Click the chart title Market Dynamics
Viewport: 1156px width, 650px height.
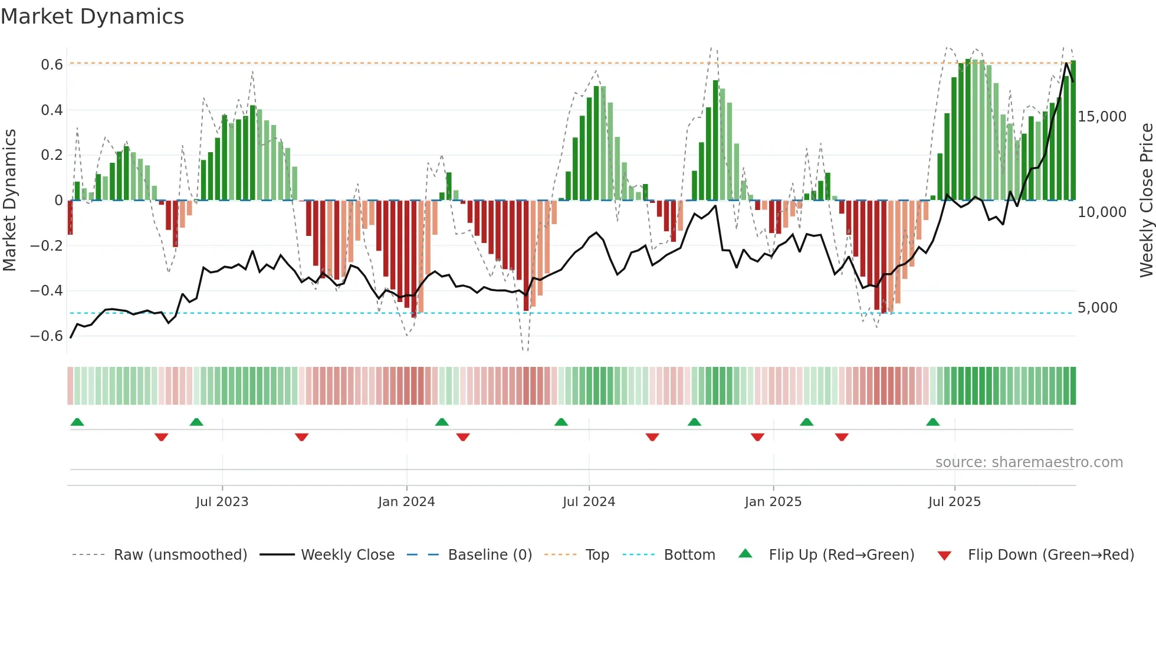point(92,17)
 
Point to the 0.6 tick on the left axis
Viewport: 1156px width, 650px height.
point(51,64)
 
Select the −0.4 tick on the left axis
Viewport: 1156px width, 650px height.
point(46,291)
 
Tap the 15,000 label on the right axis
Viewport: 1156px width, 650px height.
point(1102,117)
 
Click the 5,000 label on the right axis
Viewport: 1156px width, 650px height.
point(1097,308)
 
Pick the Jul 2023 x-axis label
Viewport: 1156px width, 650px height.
point(222,502)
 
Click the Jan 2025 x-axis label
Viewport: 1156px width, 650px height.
point(773,502)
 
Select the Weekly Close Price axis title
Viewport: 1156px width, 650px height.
point(1146,200)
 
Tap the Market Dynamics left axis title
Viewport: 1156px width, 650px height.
point(9,200)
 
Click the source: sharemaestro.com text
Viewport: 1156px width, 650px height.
point(1029,462)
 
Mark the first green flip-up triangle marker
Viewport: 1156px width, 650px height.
point(77,422)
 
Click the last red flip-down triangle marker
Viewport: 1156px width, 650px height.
point(842,437)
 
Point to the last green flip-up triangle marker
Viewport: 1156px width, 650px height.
point(932,422)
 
